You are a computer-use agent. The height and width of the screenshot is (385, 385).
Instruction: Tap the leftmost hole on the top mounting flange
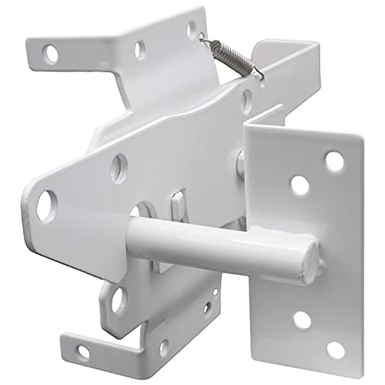pos(52,54)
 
